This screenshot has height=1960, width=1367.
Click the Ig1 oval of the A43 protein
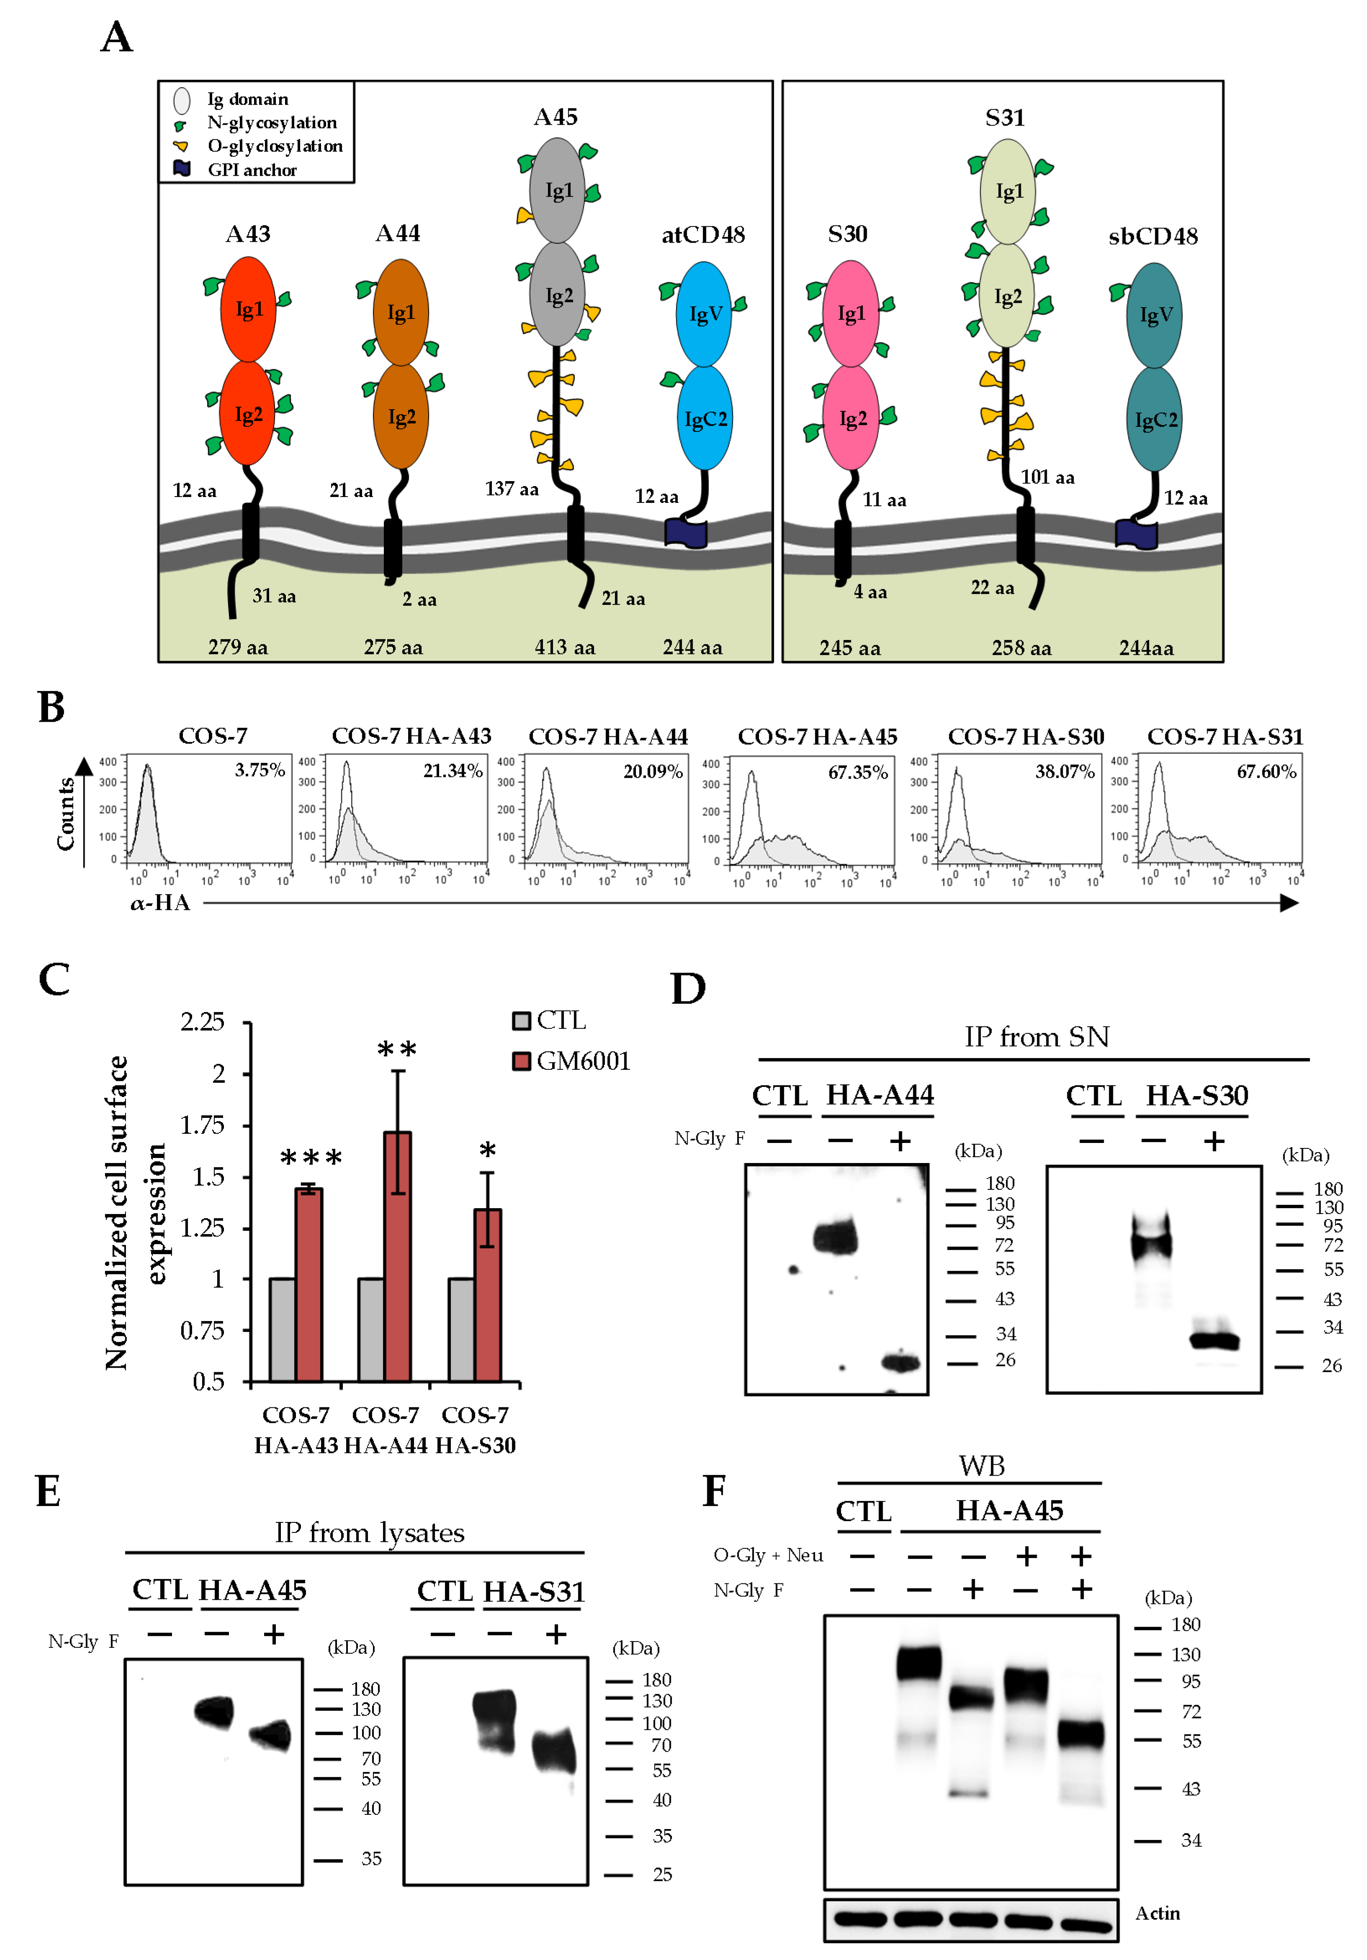249,309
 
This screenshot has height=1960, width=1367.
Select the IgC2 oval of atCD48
705,418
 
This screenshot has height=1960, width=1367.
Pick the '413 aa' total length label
564,647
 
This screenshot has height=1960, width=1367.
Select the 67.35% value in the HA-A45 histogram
857,773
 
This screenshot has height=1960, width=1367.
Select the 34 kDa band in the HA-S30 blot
1214,1340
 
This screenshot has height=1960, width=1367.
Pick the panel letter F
714,1491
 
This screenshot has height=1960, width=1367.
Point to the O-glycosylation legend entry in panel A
274,146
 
